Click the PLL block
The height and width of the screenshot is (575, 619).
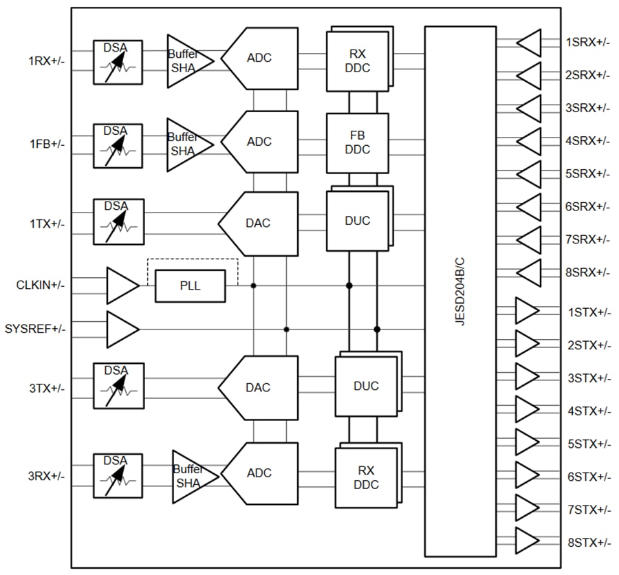pos(190,285)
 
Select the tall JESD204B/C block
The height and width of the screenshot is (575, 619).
pos(460,291)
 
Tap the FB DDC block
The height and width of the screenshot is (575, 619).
pos(357,143)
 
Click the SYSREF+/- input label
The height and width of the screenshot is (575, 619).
pos(35,329)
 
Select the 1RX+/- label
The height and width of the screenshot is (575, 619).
pos(46,61)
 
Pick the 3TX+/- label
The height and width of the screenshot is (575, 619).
pos(46,388)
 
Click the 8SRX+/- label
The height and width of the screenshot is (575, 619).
pos(587,272)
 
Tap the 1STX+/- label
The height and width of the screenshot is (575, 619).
pos(589,312)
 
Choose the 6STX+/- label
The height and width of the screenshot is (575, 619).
pos(589,477)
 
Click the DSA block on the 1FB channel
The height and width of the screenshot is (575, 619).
pos(118,145)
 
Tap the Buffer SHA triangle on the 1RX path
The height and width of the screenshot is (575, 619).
pos(187,60)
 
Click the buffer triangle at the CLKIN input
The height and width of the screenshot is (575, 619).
pos(121,285)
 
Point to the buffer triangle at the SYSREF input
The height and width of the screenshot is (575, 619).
pos(121,329)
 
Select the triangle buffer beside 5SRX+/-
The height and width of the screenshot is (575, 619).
pos(530,173)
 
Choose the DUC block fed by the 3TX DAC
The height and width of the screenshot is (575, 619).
pos(366,387)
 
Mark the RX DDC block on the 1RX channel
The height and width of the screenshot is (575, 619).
pos(357,60)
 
